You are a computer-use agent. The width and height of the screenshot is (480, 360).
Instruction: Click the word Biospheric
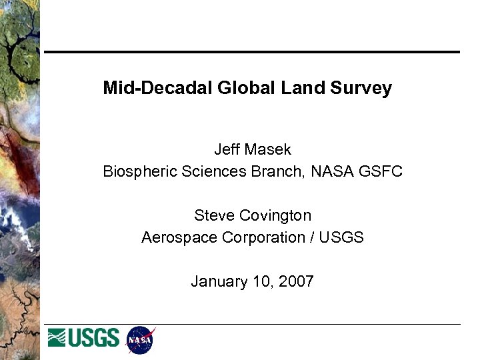coord(137,171)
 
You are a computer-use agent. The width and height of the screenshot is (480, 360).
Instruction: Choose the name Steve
coord(214,216)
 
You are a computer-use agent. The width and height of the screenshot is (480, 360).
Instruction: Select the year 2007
coord(296,281)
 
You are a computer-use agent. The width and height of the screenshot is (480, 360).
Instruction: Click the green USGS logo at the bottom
coord(83,338)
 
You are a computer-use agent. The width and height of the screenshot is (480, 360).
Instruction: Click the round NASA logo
coord(141,340)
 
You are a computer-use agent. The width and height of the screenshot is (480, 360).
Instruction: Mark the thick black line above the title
coord(252,52)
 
